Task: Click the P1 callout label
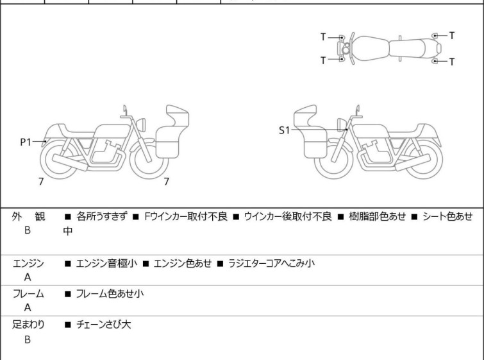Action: coord(25,142)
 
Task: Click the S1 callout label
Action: coord(284,130)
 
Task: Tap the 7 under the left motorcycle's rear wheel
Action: coord(42,182)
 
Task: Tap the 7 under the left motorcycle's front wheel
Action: coord(167,182)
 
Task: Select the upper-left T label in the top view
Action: coord(323,37)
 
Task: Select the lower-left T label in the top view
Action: coord(323,61)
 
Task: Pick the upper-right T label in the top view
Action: coord(452,35)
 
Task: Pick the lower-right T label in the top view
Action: coord(452,62)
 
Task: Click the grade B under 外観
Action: coord(28,231)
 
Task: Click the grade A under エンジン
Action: coord(28,277)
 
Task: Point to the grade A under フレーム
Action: coord(28,308)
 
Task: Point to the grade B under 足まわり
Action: coord(28,339)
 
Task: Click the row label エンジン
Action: coord(28,263)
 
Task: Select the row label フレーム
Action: coord(28,294)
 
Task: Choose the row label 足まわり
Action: coord(28,325)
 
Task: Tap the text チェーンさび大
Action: coord(103,325)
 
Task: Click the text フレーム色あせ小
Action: coord(110,294)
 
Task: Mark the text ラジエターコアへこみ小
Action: coord(271,263)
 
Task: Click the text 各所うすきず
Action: coord(102,217)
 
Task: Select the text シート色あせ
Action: coord(446,217)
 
